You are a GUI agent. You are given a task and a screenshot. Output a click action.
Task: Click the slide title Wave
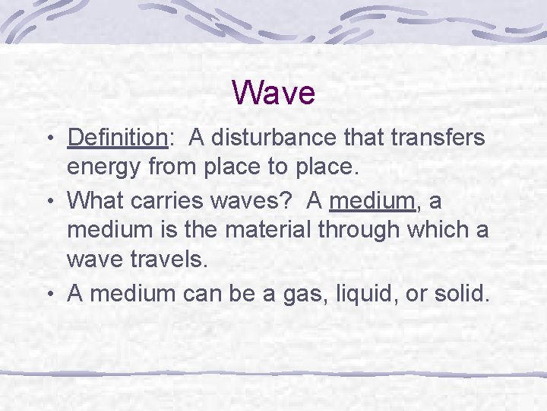(x=273, y=93)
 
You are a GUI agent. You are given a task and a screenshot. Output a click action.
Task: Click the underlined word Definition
(x=117, y=138)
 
